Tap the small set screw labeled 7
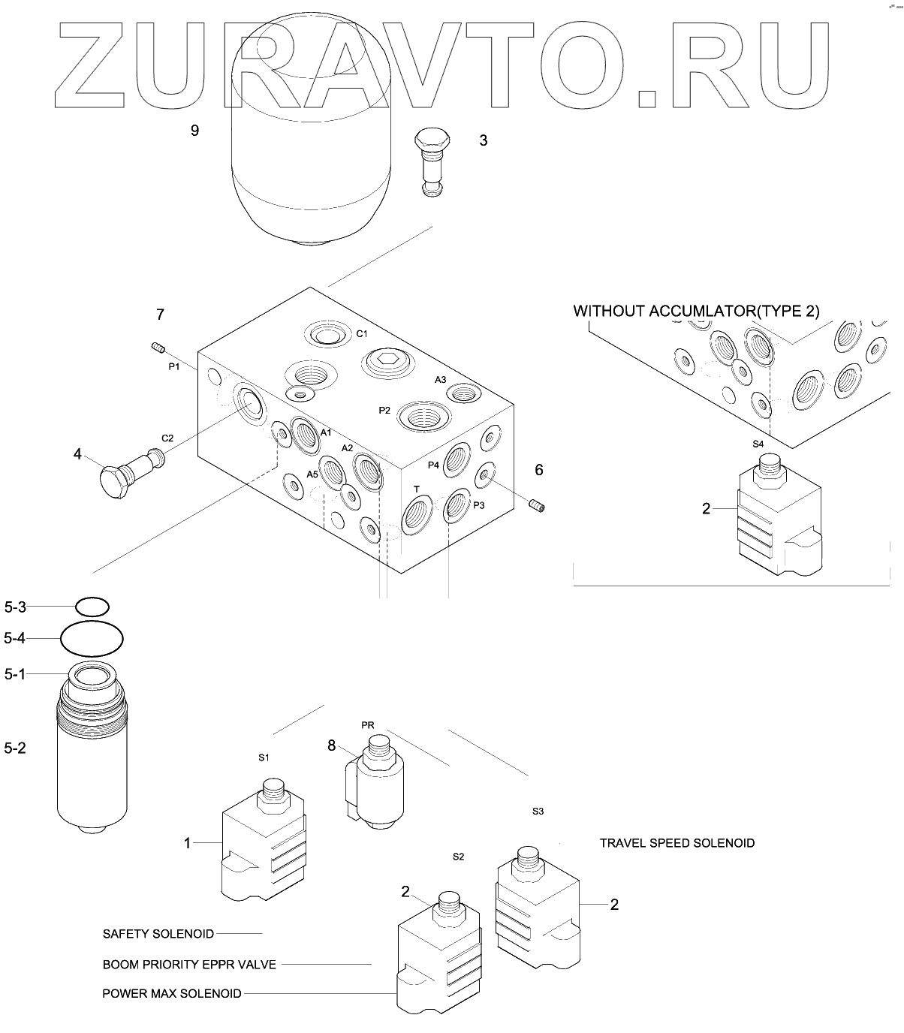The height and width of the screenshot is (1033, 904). (x=157, y=347)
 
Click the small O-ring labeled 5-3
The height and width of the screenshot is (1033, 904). (x=92, y=606)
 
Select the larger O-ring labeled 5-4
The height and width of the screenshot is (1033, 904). (x=92, y=639)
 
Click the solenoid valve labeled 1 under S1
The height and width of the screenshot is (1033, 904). (x=263, y=845)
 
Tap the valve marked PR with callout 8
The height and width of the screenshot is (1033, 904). (x=375, y=785)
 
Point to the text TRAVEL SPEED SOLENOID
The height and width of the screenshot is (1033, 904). (x=676, y=843)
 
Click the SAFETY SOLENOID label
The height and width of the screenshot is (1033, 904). (x=158, y=934)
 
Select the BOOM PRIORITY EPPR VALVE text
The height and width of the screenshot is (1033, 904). (x=189, y=964)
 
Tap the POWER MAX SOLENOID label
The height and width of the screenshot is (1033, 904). (x=172, y=994)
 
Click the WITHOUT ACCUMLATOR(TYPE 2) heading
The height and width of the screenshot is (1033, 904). (x=696, y=311)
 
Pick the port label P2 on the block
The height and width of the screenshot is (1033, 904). (x=384, y=410)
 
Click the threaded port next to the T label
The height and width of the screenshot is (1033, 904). (x=416, y=517)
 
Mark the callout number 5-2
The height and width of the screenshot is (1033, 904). (x=15, y=748)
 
